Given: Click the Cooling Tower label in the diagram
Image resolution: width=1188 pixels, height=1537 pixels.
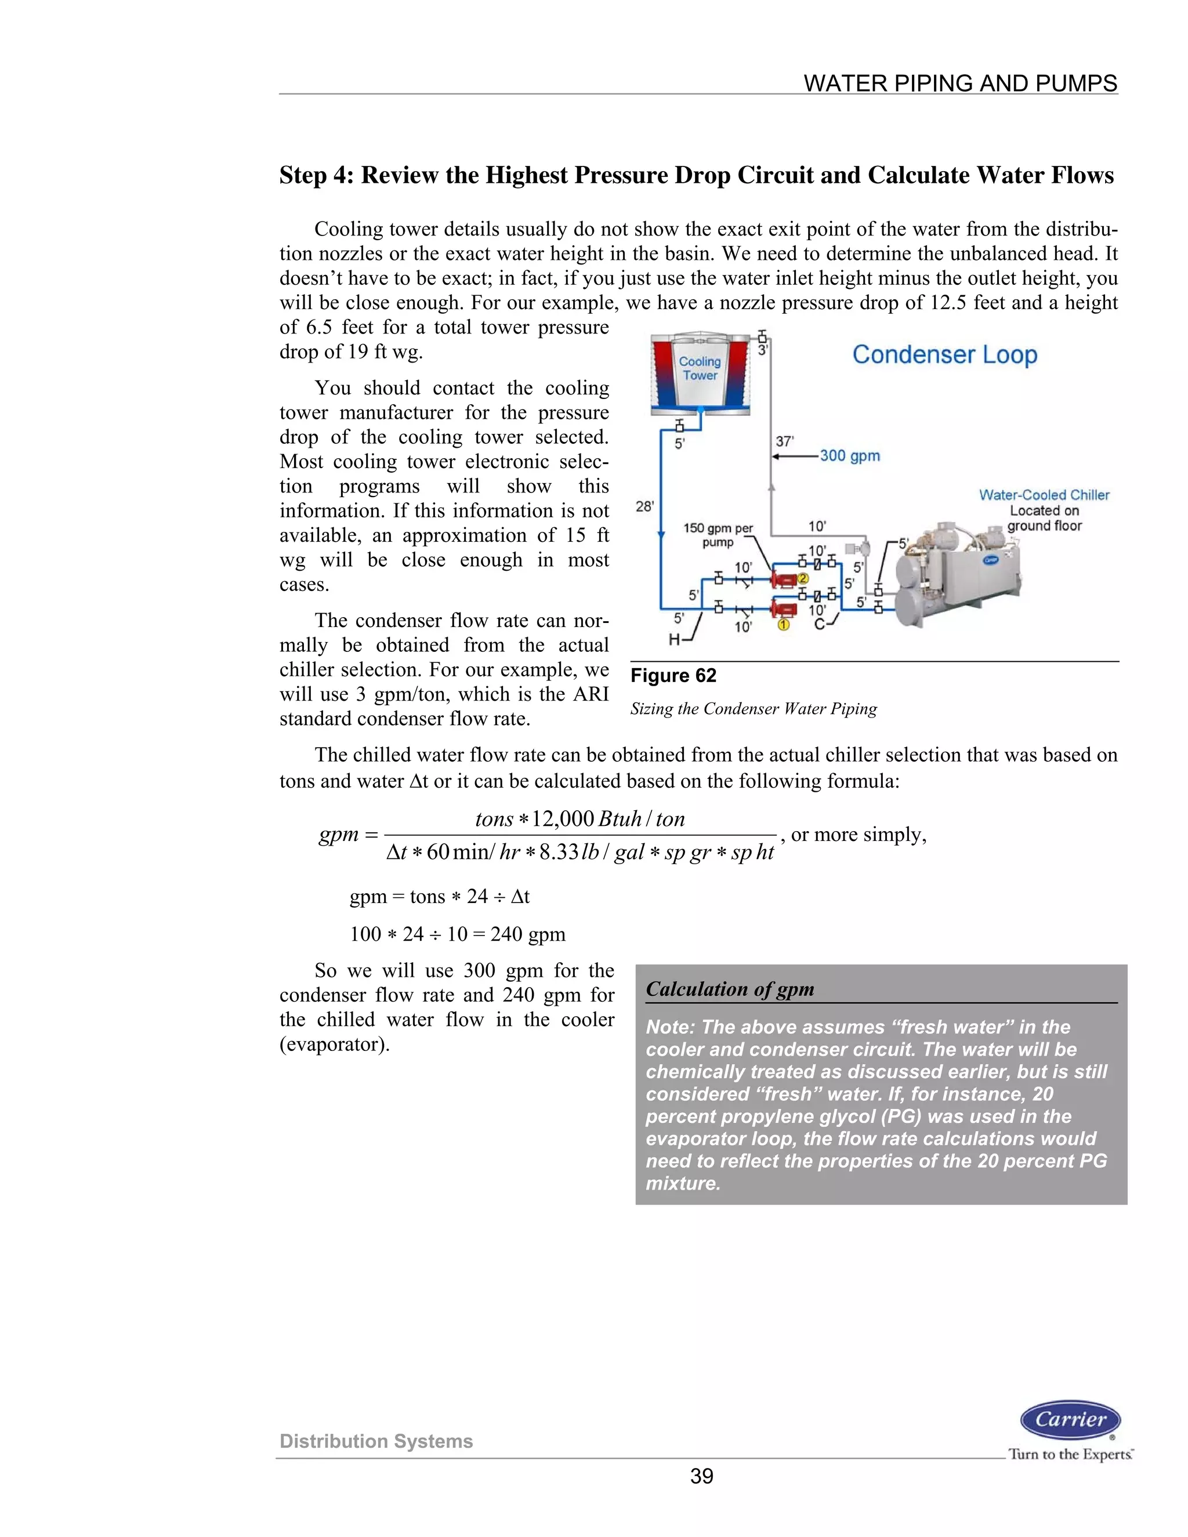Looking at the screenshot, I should (700, 368).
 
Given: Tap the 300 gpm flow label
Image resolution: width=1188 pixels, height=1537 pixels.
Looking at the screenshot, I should (849, 455).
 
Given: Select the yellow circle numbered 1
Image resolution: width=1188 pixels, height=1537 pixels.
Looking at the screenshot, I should (783, 624).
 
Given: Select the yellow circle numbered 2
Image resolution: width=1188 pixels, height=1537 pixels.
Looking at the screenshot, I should (802, 578).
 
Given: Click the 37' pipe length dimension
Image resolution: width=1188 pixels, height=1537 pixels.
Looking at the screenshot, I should (784, 441).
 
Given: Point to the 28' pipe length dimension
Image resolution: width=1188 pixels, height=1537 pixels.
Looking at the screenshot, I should (644, 506).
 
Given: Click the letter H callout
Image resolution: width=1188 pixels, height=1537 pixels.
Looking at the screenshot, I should (674, 639).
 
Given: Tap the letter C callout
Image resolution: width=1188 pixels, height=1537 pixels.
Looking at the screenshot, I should (819, 624).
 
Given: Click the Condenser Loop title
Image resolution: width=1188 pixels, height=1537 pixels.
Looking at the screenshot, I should (944, 355).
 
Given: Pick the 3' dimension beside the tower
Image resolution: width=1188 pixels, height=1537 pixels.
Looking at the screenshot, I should (762, 350).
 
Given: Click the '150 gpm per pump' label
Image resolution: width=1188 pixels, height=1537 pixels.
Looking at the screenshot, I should (718, 535).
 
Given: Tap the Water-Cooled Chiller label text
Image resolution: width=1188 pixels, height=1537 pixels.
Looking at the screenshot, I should (1044, 495).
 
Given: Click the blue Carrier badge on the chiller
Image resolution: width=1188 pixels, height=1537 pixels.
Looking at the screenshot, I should (991, 560).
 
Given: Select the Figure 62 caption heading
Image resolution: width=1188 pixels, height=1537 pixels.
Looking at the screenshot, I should (673, 676).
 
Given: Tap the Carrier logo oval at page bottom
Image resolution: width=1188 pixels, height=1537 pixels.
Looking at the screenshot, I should (1070, 1419).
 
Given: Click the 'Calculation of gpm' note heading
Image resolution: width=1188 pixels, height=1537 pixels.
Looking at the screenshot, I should (730, 989).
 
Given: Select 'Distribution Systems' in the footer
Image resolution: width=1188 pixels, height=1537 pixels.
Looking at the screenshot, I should (376, 1441).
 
